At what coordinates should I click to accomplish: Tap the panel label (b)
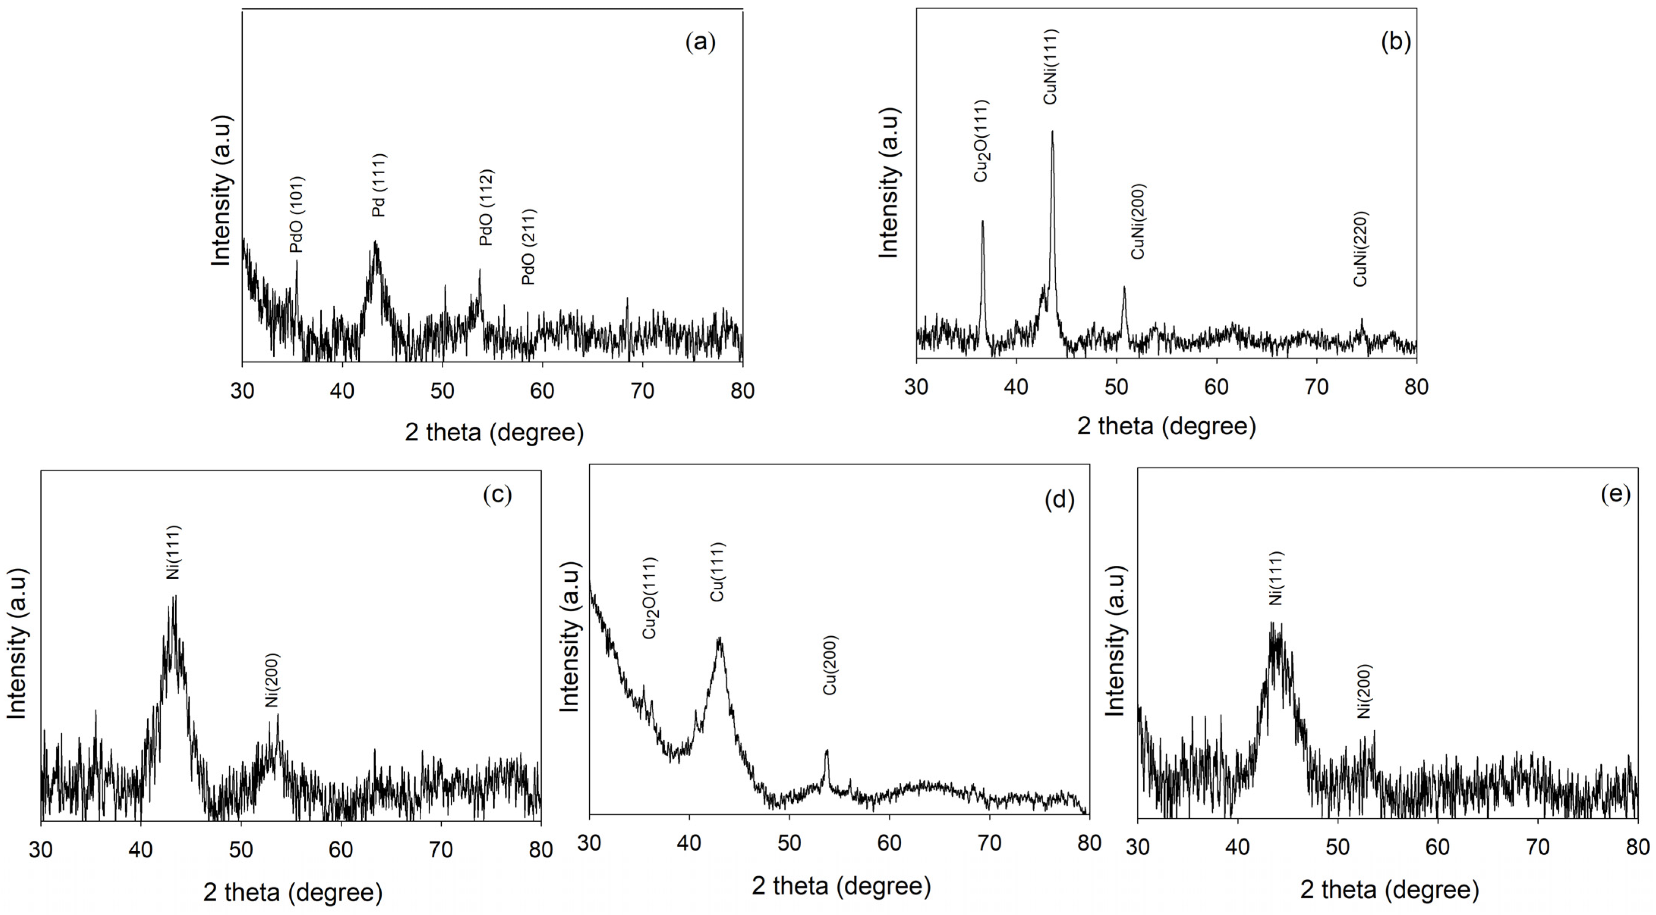[x=1396, y=41]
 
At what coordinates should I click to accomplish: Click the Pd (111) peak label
[x=379, y=185]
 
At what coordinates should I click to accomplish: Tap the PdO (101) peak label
[x=296, y=215]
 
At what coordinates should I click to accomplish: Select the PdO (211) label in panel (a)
[x=529, y=247]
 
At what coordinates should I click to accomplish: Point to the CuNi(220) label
[x=1360, y=249]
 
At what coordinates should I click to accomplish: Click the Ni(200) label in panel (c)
[x=272, y=680]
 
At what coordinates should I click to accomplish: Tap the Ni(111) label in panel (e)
[x=1276, y=578]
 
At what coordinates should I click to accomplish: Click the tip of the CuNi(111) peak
[x=1052, y=132]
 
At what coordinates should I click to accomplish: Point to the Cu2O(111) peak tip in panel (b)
[x=982, y=221]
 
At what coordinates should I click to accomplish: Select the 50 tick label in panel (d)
[x=789, y=843]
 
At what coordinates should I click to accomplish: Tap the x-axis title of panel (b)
[x=1166, y=426]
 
